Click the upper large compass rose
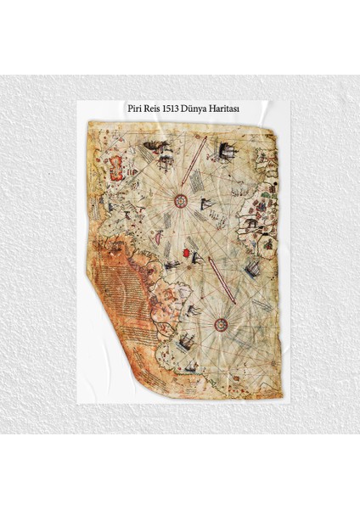click(x=180, y=201)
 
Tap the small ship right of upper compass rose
click(x=207, y=203)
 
